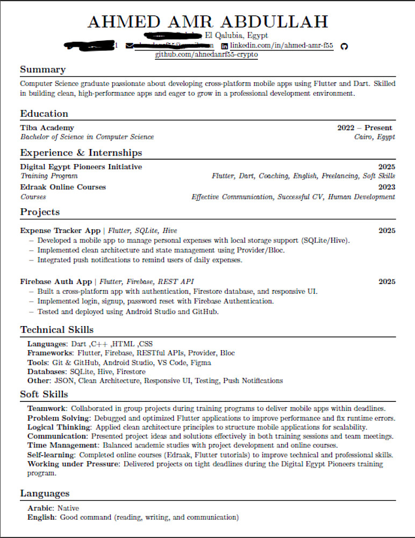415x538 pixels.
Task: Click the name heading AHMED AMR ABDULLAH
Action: pyautogui.click(x=207, y=22)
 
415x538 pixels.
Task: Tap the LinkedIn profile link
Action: pyautogui.click(x=281, y=46)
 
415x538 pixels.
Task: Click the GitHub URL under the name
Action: pyautogui.click(x=207, y=55)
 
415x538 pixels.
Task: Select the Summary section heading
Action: pyautogui.click(x=42, y=69)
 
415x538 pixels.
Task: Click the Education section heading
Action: pyautogui.click(x=44, y=114)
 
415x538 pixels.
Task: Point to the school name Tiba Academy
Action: pyautogui.click(x=47, y=128)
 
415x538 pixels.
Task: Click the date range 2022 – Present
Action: pyautogui.click(x=364, y=128)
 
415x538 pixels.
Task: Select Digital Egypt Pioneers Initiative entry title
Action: pyautogui.click(x=81, y=167)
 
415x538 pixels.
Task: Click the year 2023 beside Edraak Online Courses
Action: pyautogui.click(x=387, y=187)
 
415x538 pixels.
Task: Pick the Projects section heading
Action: pyautogui.click(x=40, y=212)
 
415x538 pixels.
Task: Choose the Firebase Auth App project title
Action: pyautogui.click(x=56, y=281)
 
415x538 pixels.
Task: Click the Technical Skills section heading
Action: pyautogui.click(x=56, y=330)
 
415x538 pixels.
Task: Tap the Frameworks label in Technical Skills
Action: pyautogui.click(x=50, y=353)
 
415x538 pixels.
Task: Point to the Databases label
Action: pyautogui.click(x=46, y=372)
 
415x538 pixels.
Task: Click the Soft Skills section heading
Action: pyautogui.click(x=44, y=394)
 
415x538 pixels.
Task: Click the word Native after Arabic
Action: pyautogui.click(x=68, y=508)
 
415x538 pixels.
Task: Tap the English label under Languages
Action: pyautogui.click(x=41, y=518)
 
